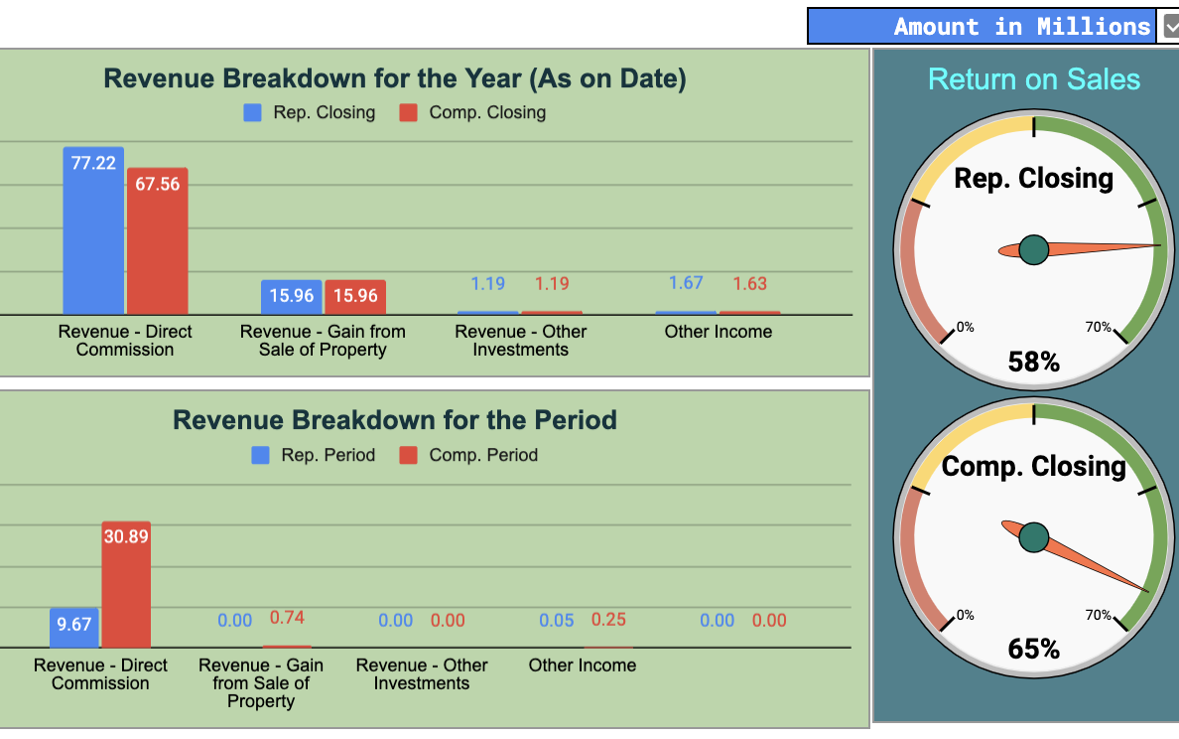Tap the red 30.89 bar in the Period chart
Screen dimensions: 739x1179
126,585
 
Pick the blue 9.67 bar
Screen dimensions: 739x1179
74,628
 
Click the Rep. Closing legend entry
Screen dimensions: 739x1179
311,112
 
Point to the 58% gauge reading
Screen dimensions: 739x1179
1033,363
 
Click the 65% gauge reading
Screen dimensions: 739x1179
1033,649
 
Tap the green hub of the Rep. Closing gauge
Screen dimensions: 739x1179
1033,250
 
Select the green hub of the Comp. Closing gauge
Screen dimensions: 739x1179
1033,537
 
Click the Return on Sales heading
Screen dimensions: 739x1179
1033,79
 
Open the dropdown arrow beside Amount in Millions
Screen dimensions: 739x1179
1170,27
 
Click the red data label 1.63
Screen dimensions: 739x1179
749,284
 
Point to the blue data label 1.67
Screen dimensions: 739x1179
686,283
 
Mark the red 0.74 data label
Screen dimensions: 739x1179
287,618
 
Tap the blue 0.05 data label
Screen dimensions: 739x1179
557,620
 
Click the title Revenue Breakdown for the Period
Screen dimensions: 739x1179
395,420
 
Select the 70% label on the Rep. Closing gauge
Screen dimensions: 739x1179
1099,328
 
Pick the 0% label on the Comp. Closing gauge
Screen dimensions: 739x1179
965,615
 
